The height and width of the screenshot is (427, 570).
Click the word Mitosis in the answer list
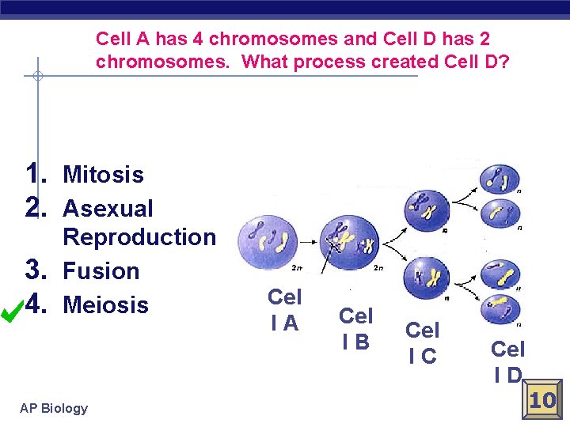(x=103, y=175)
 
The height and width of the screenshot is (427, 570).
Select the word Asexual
(x=108, y=209)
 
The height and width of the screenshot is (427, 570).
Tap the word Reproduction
(x=139, y=237)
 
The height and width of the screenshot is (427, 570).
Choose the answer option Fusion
(x=101, y=271)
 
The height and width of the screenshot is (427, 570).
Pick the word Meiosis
(x=105, y=305)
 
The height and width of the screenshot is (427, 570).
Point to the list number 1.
(x=38, y=173)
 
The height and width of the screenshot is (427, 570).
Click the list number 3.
(x=38, y=270)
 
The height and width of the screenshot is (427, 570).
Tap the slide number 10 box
(x=542, y=400)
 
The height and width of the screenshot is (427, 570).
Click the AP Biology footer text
(x=54, y=408)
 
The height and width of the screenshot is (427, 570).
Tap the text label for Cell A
(x=284, y=309)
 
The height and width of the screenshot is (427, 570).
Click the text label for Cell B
(x=355, y=328)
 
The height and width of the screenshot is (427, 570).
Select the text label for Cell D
(x=507, y=361)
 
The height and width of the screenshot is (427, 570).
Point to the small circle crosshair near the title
(x=36, y=77)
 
